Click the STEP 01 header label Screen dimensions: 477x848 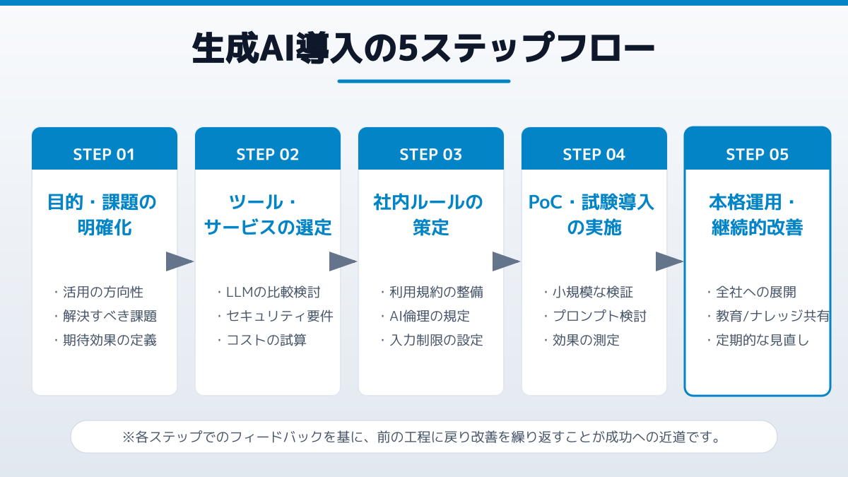104,155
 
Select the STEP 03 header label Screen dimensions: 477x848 430,155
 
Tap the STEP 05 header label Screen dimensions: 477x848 757,155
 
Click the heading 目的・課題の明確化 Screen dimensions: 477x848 104,215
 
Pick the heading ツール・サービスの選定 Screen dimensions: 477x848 267,215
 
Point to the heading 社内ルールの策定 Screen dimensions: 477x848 430,215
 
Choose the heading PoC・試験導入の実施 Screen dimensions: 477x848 594,215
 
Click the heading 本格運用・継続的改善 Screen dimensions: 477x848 757,215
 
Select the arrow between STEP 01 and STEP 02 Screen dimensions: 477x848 179,261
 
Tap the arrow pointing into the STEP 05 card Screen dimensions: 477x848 669,261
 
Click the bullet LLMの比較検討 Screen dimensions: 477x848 267,293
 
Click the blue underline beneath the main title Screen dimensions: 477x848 424,81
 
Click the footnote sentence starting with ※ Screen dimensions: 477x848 424,437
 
